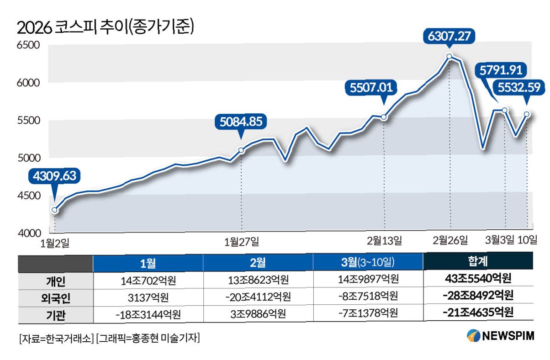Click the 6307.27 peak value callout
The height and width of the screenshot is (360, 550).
tap(449, 37)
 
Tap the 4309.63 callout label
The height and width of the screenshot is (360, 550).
tap(54, 176)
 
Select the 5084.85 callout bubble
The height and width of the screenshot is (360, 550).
tap(241, 122)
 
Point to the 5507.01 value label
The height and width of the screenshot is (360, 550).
tap(371, 87)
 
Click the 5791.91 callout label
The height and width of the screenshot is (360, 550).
tap(501, 70)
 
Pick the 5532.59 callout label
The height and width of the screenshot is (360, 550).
tap(519, 87)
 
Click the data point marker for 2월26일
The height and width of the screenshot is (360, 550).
tap(449, 56)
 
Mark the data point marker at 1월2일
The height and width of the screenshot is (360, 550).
tap(55, 210)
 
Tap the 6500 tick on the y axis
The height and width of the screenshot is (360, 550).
tap(28, 45)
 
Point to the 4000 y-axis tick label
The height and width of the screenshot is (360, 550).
tap(29, 233)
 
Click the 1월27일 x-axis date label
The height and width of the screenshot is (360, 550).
tap(242, 242)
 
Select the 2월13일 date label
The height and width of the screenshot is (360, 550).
tap(385, 241)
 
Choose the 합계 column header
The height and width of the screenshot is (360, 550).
tap(478, 261)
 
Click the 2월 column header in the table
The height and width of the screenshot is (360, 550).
tap(258, 263)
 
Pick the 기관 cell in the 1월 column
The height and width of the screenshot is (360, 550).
tap(148, 315)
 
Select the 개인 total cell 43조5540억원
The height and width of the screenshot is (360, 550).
tap(478, 279)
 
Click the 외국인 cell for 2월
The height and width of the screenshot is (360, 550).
tap(258, 297)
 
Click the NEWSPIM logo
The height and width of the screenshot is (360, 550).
tap(500, 336)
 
